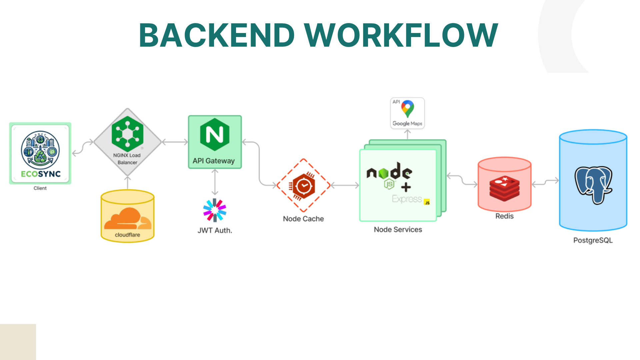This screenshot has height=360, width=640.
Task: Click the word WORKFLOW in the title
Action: point(401,35)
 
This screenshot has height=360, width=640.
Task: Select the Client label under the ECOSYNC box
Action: point(40,188)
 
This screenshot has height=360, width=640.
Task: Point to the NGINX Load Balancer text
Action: point(127,159)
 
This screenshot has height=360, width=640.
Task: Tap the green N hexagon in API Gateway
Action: point(215,134)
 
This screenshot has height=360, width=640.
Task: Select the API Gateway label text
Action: point(214,161)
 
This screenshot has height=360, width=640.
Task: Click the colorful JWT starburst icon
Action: point(215,210)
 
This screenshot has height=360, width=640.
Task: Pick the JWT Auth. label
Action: point(215,230)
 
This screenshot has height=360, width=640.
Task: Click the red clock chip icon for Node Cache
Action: point(303,186)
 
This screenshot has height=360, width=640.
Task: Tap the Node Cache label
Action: point(303,219)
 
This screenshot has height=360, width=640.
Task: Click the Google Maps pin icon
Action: point(408,109)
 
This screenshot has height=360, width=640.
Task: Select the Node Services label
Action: point(398,230)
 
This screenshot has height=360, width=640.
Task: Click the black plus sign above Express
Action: point(406,187)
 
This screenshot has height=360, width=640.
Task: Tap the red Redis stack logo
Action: point(504,188)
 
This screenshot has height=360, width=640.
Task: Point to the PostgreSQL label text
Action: point(593,240)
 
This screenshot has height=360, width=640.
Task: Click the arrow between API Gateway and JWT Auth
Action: point(215,182)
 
